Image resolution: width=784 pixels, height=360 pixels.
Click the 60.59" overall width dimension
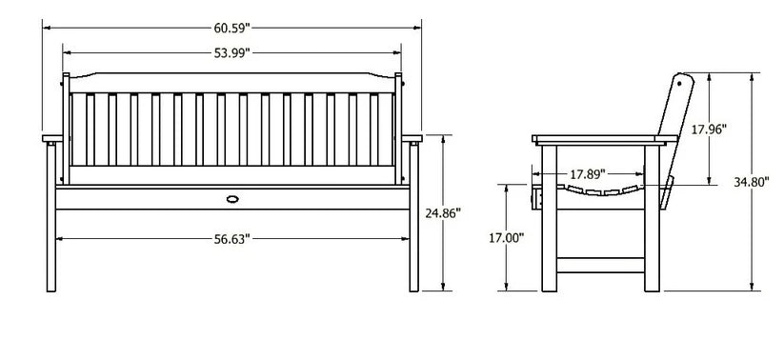coord(231,28)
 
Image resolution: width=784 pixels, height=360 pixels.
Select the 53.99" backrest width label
coord(231,53)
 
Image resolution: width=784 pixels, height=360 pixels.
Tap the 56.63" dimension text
coord(231,239)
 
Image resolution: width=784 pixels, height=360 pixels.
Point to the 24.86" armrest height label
coord(443,213)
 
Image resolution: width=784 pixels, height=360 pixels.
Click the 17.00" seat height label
coord(506,238)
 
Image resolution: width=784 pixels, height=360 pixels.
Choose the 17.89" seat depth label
coord(588,174)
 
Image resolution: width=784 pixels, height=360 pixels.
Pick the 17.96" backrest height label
coord(709,130)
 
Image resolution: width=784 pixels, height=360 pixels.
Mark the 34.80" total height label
coord(751,183)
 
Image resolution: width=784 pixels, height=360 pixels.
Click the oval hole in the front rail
coord(232,199)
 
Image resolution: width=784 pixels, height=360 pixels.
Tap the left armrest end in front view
coord(52,138)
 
